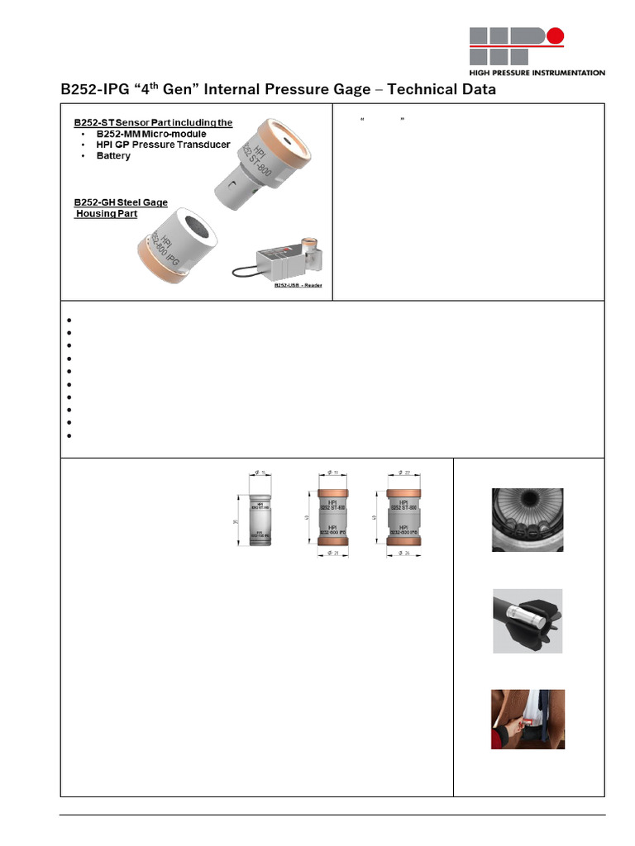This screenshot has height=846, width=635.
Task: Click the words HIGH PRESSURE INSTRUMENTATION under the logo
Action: (x=537, y=73)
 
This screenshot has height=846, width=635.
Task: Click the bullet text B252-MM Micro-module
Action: (x=151, y=134)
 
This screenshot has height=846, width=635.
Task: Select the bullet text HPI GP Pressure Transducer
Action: (x=163, y=145)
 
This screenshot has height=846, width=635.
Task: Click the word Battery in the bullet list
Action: (x=113, y=155)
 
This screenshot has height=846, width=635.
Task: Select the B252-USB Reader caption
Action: (x=298, y=285)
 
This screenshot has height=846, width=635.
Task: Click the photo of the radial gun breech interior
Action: (x=528, y=519)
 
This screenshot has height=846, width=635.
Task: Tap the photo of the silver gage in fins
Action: (x=528, y=620)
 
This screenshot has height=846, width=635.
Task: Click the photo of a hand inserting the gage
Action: (x=528, y=719)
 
